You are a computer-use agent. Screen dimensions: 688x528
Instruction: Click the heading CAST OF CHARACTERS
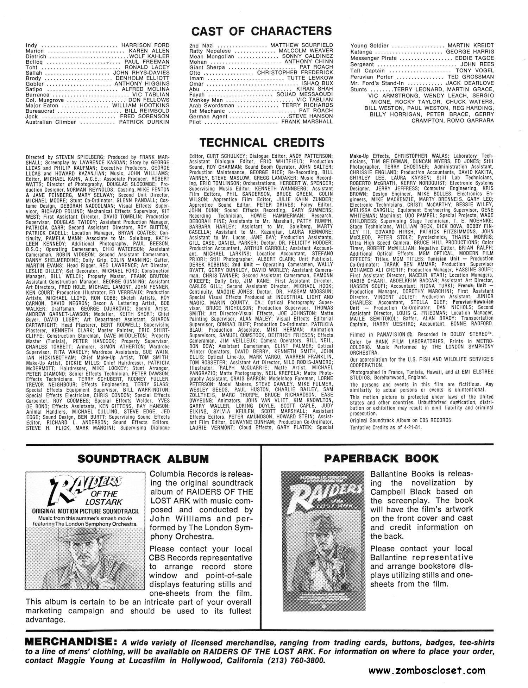[261, 31]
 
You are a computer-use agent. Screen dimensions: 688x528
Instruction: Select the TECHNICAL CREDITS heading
[262, 143]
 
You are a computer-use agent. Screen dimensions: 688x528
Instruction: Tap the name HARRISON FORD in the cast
[145, 45]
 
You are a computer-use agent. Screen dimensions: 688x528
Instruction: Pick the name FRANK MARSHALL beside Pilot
[307, 122]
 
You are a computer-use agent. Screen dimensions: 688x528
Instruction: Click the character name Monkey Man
[205, 100]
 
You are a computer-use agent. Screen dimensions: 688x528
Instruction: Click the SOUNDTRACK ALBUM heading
[143, 459]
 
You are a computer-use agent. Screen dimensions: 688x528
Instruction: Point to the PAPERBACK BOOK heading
[381, 458]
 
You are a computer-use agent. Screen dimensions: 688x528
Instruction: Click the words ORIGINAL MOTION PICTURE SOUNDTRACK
[84, 511]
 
